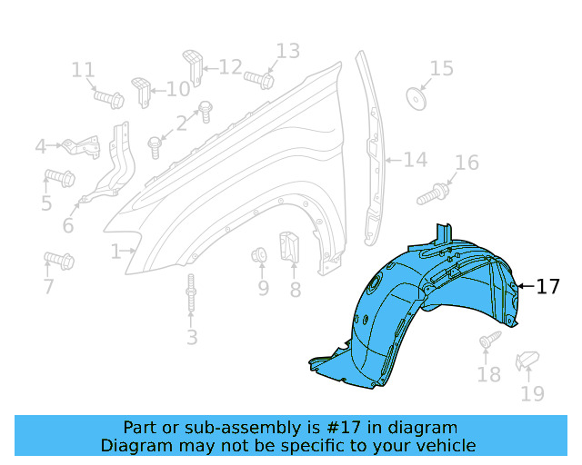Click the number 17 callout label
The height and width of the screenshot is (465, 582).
[547, 287]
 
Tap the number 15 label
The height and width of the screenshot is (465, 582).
[441, 68]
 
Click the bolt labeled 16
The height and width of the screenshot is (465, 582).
[434, 193]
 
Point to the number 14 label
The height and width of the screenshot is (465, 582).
[415, 160]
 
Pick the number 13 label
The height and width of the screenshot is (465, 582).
[287, 51]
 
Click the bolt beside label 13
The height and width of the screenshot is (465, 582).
[258, 79]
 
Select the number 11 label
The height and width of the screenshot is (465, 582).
[83, 69]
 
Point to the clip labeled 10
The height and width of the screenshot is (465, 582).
[141, 90]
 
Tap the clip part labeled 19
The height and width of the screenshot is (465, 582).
[527, 362]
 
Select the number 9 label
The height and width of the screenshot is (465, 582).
[263, 288]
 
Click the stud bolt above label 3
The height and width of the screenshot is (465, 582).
[191, 300]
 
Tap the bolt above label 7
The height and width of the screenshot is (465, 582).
[59, 261]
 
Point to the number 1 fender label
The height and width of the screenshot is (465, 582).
[115, 252]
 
